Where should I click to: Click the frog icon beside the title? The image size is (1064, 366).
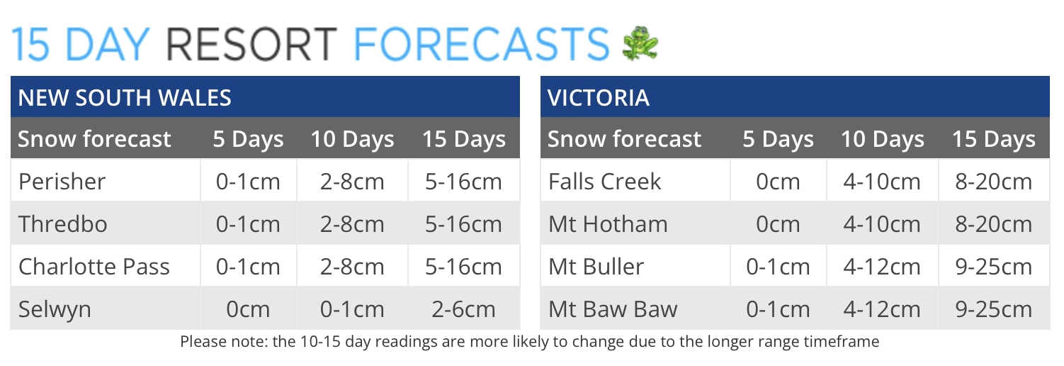[640, 43]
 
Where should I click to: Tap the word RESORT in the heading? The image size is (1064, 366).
[251, 44]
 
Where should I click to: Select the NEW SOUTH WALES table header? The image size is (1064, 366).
[125, 97]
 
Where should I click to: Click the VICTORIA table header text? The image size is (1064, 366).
[598, 97]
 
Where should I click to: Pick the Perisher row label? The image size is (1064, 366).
[62, 181]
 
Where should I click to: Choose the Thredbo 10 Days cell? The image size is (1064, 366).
[352, 224]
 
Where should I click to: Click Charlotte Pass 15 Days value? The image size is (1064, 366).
[463, 266]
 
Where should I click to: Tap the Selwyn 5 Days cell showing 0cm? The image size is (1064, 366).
[248, 309]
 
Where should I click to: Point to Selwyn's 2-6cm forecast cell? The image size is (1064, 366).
[463, 309]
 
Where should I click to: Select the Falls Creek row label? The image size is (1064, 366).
[604, 181]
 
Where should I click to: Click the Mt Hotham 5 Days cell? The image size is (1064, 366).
[778, 224]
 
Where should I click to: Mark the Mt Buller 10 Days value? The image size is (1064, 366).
[882, 266]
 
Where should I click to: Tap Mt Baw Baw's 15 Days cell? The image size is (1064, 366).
[993, 309]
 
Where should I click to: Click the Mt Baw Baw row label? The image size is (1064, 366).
[613, 309]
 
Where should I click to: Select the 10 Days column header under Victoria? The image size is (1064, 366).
[882, 139]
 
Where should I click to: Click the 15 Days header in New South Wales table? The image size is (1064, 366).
[463, 139]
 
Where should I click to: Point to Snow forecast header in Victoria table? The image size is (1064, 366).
[624, 139]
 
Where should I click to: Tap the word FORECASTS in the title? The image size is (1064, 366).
[481, 44]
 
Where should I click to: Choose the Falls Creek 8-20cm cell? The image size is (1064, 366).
[993, 181]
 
